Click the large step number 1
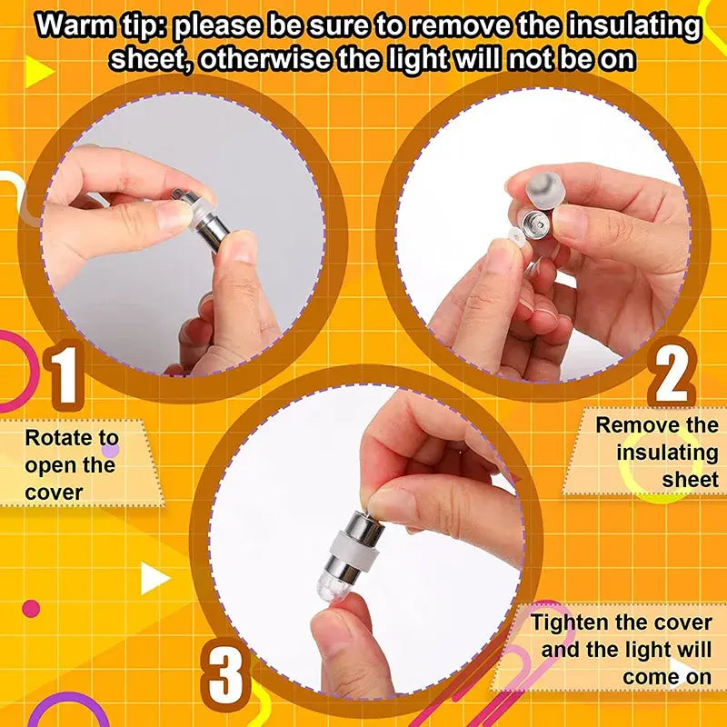[64, 374]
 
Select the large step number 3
[224, 671]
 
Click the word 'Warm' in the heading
[75, 26]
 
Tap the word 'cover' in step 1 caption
[54, 493]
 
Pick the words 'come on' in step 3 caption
[667, 677]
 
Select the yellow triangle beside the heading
[39, 72]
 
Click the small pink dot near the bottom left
[31, 608]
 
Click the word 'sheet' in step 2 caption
[690, 480]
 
